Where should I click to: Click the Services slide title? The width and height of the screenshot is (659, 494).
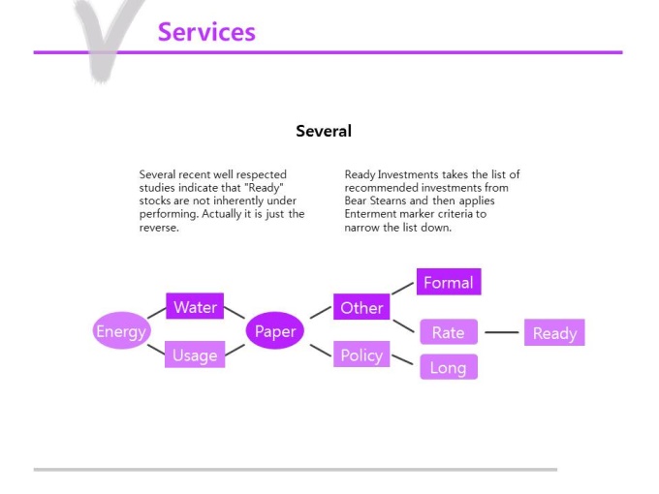(206, 32)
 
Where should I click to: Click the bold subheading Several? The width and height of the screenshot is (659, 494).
(324, 131)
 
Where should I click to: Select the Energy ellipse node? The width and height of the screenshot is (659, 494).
(121, 330)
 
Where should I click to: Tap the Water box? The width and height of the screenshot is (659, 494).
(195, 306)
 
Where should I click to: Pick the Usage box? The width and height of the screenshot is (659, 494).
(195, 355)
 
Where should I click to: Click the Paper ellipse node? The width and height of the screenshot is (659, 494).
(275, 330)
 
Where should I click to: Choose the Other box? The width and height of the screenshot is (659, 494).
(361, 307)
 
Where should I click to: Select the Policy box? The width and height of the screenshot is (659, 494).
(361, 355)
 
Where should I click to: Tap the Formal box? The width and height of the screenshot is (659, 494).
(449, 282)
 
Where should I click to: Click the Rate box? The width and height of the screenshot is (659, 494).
(449, 332)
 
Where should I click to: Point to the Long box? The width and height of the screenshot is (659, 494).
(449, 367)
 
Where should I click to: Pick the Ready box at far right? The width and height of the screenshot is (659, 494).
(554, 332)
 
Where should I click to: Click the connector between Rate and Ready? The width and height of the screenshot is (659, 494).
(502, 332)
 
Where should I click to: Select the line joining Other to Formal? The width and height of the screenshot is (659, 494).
(402, 289)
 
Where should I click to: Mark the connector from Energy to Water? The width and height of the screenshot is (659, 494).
(156, 314)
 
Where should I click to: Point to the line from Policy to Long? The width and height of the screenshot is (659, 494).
(402, 359)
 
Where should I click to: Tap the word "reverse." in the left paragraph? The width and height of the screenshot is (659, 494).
(159, 228)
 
